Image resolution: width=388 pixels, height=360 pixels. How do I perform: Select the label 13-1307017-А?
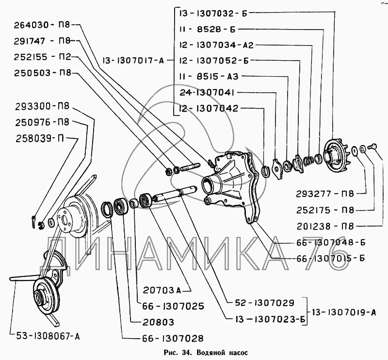tap(134, 61)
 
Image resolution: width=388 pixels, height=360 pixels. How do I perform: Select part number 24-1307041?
tap(208, 92)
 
